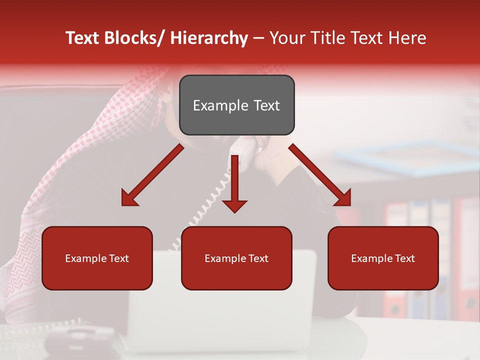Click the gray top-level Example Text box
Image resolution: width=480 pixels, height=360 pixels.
click(x=236, y=105)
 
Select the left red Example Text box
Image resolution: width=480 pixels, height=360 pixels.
click(x=97, y=258)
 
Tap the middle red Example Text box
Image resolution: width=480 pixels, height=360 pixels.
click(x=236, y=258)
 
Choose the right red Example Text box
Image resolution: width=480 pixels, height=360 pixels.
click(x=383, y=258)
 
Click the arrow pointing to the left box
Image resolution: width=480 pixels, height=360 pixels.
click(x=152, y=175)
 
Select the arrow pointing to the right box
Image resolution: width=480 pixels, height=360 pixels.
click(x=320, y=175)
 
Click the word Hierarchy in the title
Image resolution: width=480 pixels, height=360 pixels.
click(x=209, y=38)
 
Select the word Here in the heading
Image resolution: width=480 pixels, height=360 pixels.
click(x=408, y=38)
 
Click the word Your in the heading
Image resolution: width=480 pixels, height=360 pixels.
click(x=286, y=38)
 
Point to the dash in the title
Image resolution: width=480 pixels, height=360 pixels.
click(x=258, y=38)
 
